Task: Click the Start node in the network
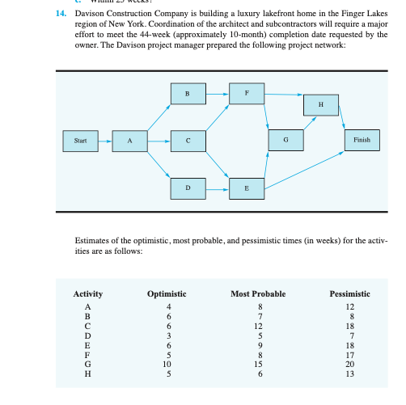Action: [x=79, y=140]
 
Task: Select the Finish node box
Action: [x=362, y=140]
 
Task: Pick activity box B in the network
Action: [x=187, y=94]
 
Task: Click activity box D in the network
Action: [x=187, y=188]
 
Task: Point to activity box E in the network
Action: [x=246, y=188]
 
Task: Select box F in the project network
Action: [x=246, y=93]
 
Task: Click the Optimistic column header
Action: [x=167, y=293]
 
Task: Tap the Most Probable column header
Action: [x=258, y=293]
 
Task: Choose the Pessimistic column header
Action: [x=350, y=293]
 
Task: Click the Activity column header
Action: [x=88, y=293]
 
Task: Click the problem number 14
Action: [x=61, y=15]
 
